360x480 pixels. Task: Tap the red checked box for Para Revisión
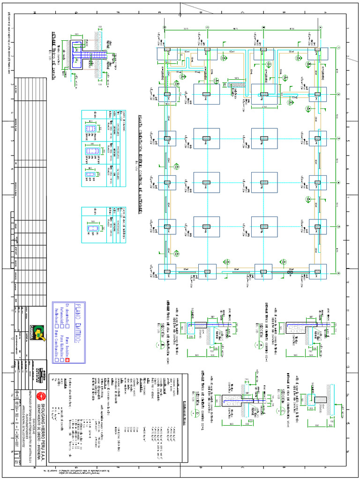67,360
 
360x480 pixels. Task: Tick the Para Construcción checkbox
57,360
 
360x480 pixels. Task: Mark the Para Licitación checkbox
62,360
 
